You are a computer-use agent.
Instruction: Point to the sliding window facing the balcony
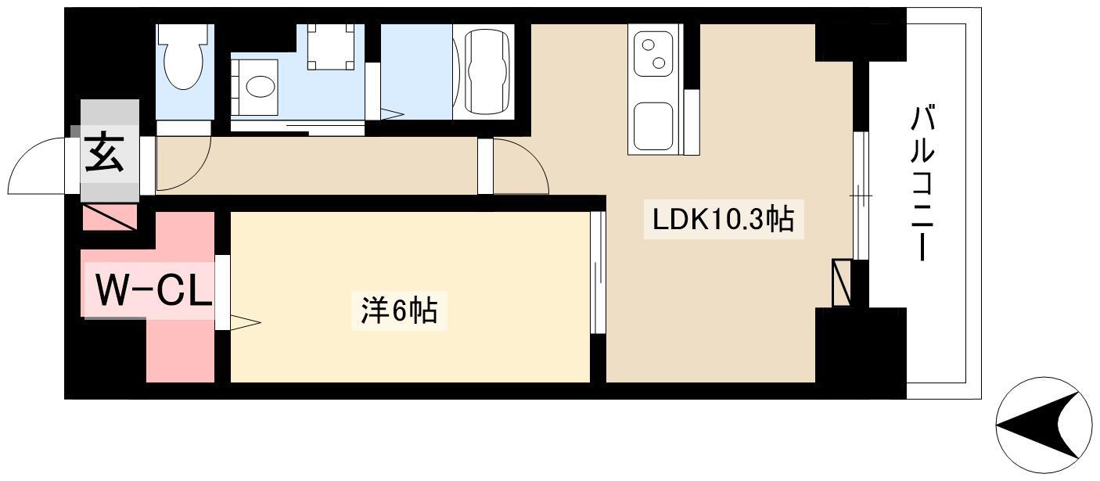860,196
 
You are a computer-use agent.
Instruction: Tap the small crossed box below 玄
110,217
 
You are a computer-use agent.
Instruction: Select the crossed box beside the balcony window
842,282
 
